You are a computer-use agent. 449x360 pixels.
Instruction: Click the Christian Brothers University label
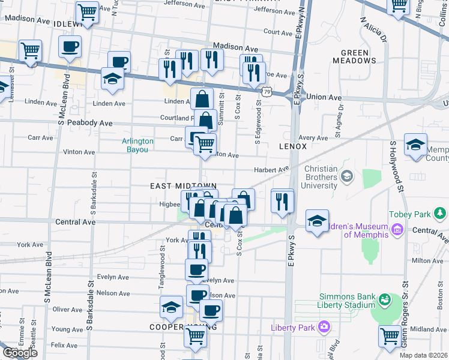click(321, 177)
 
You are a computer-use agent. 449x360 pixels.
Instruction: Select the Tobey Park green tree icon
click(441, 213)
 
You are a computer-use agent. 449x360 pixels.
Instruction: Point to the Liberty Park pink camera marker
click(325, 327)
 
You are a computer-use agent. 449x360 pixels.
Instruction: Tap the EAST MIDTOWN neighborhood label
click(182, 187)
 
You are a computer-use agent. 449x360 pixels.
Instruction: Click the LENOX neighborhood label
click(293, 146)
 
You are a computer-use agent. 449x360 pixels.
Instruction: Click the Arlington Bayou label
click(138, 145)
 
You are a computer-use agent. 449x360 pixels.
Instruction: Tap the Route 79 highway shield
click(268, 92)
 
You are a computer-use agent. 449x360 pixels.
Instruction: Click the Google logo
click(19, 353)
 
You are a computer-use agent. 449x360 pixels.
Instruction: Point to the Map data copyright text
click(424, 355)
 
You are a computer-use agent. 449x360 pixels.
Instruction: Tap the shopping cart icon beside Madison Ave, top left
click(30, 51)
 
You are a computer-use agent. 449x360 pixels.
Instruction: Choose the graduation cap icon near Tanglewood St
click(172, 307)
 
